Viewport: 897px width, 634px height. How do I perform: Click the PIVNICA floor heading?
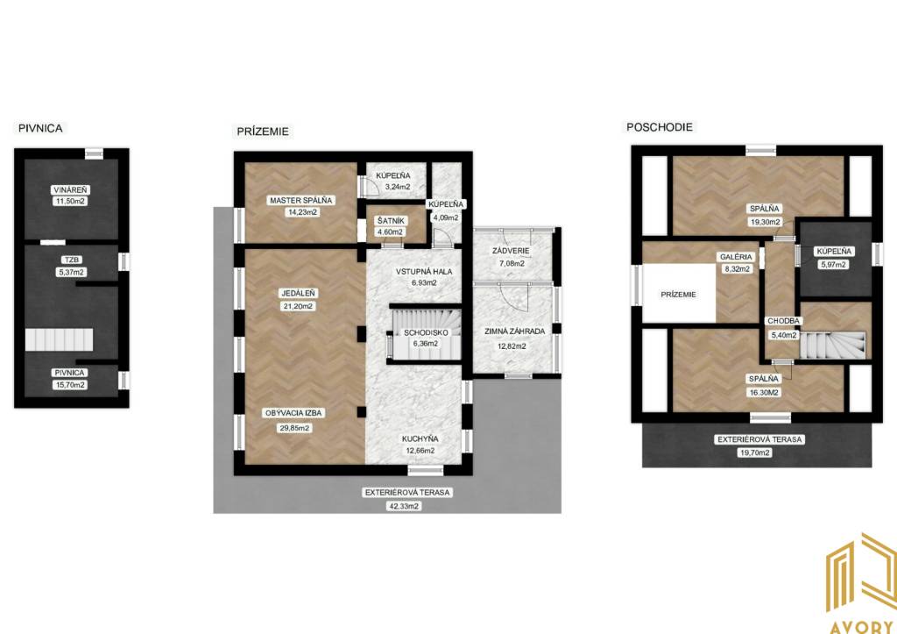40,128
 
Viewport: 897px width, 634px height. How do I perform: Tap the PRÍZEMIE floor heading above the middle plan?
263,132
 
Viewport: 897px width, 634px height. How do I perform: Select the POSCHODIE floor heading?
659,127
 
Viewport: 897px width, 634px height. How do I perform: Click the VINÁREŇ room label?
70,189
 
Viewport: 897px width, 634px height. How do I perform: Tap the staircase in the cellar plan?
59,339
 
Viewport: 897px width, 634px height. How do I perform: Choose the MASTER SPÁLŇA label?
301,201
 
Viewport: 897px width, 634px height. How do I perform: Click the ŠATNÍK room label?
391,220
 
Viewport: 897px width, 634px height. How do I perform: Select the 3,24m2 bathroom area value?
397,187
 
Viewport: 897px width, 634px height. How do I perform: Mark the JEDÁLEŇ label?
298,293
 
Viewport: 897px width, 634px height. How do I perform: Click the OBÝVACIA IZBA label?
293,413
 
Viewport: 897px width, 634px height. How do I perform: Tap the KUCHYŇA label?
420,438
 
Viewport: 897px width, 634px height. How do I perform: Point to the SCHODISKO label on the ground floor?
426,332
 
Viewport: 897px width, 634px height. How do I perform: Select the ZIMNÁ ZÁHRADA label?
514,331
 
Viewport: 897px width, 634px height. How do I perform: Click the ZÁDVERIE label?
511,251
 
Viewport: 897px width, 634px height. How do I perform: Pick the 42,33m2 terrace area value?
405,506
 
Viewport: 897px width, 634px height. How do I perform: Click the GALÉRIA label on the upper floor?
736,257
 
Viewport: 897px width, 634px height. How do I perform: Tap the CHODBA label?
784,321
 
